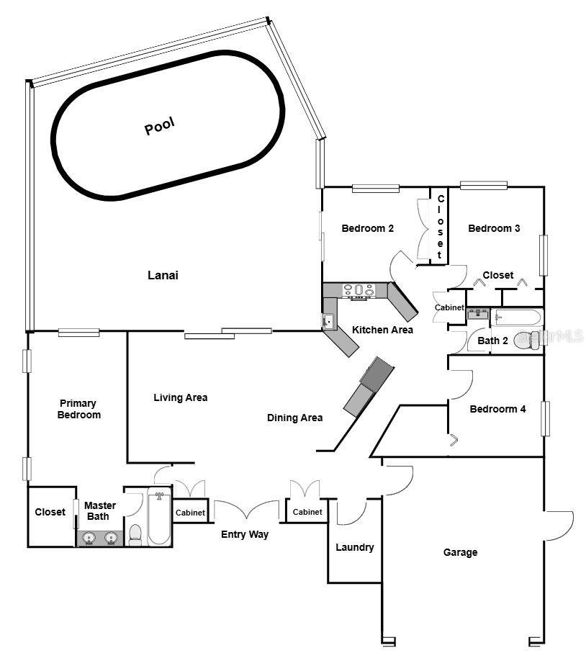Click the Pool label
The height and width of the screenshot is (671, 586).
(x=160, y=126)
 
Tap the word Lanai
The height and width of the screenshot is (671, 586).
(x=163, y=275)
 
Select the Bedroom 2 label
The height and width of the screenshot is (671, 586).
(x=367, y=228)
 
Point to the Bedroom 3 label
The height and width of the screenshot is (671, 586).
(x=494, y=228)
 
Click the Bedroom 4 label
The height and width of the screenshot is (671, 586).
(x=497, y=409)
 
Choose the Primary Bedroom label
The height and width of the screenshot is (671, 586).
(x=78, y=409)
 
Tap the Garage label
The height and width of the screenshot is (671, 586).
(x=460, y=552)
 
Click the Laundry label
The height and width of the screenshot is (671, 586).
(x=355, y=547)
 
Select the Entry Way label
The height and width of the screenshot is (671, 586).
(x=244, y=534)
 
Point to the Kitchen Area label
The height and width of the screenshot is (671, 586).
(x=382, y=330)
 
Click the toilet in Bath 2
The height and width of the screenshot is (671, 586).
(x=527, y=340)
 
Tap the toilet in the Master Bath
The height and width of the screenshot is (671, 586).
(x=135, y=533)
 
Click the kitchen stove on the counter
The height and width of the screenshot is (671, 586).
(x=358, y=290)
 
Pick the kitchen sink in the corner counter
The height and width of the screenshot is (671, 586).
(x=328, y=321)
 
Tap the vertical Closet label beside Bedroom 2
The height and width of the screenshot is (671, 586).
(x=441, y=227)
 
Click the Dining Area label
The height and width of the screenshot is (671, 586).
(x=294, y=418)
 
